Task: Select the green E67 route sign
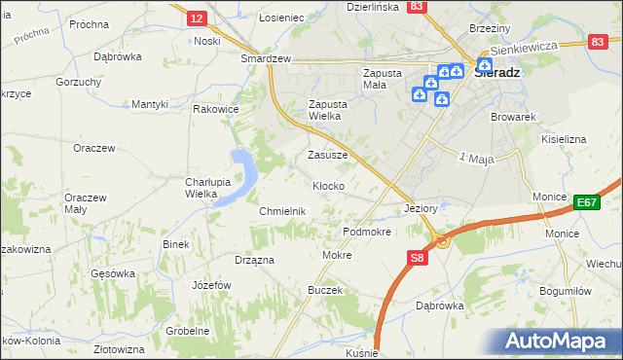tap(585, 201)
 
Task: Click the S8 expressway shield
tap(417, 258)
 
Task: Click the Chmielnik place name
tap(282, 211)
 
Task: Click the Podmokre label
tap(367, 233)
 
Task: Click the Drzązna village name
tap(254, 260)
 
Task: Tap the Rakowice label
tap(216, 109)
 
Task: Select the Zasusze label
tap(327, 155)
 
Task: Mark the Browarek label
tap(515, 117)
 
